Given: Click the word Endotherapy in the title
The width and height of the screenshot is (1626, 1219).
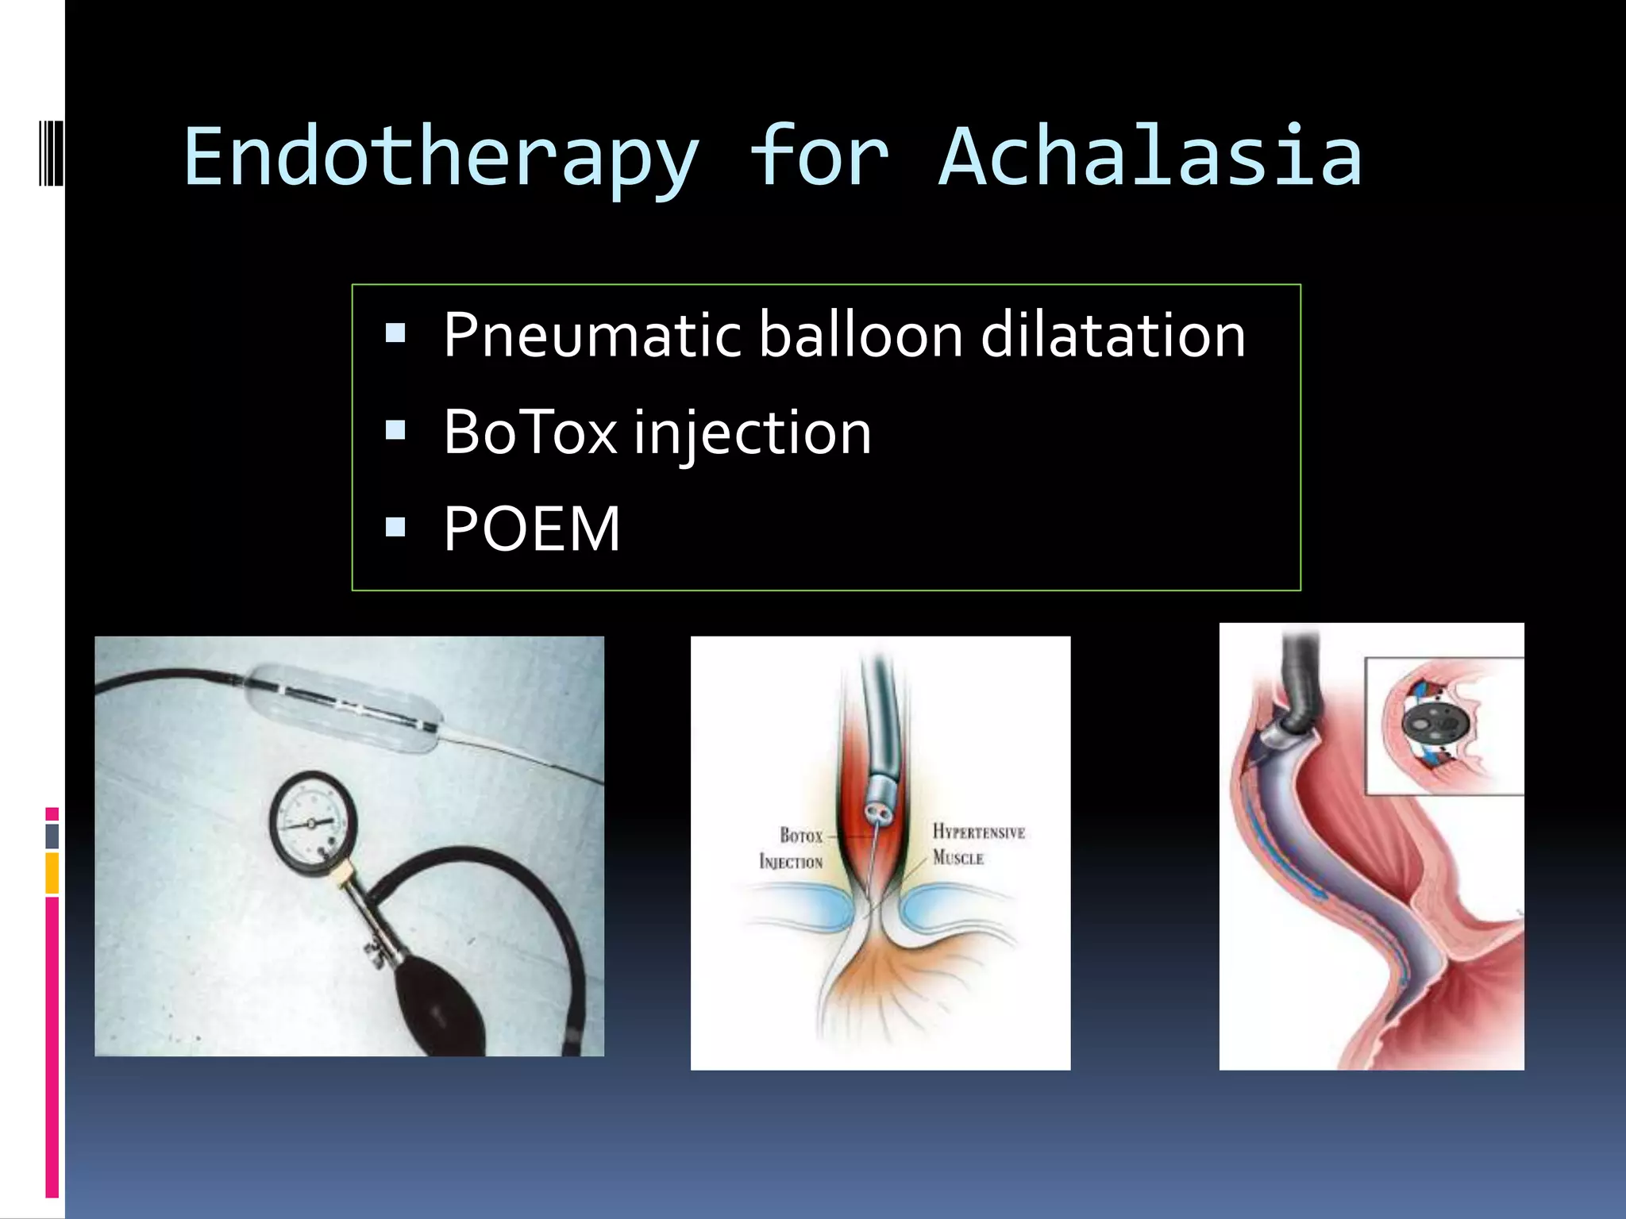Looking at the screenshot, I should [441, 159].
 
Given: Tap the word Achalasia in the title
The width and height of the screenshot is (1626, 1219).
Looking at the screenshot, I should [1150, 159].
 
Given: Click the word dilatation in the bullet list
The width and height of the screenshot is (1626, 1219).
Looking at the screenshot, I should [1113, 335].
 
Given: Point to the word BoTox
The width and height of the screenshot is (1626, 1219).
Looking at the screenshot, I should [530, 433].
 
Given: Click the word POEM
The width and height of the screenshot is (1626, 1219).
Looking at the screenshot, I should [531, 529].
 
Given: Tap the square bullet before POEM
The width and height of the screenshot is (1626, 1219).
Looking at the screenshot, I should [395, 527].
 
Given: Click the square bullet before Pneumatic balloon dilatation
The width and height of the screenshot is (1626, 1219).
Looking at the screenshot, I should [395, 333].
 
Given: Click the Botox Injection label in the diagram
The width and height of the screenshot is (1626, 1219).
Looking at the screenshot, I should [792, 848].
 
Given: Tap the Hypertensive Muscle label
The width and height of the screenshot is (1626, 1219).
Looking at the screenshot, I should [977, 844].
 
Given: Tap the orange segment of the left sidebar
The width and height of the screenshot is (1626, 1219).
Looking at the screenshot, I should [52, 873].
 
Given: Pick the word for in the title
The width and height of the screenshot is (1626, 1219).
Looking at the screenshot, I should [819, 159].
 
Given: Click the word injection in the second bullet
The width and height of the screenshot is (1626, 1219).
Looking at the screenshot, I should [752, 433].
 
